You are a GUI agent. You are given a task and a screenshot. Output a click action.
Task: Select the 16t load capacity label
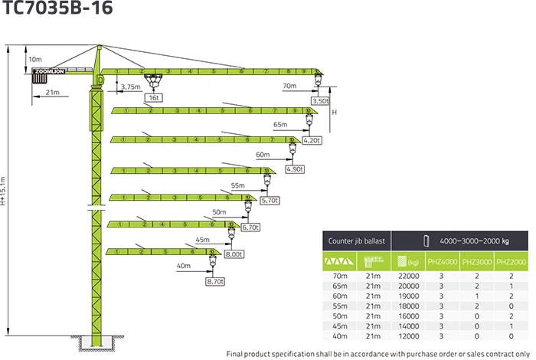(154, 98)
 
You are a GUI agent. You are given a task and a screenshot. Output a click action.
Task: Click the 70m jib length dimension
(289, 87)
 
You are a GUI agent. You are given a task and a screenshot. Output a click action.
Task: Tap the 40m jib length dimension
(183, 266)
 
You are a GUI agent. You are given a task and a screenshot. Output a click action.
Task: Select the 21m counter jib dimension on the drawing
(52, 93)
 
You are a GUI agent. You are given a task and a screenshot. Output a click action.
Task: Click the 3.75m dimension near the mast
(131, 87)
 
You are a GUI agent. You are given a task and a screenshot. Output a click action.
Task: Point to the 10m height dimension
(35, 59)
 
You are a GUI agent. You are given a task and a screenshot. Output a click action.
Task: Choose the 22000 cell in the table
(408, 276)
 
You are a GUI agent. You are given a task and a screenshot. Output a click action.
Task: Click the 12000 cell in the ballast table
(408, 335)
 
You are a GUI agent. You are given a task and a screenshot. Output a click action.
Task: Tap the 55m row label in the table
(340, 306)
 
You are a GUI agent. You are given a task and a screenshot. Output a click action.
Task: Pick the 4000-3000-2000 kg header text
(474, 241)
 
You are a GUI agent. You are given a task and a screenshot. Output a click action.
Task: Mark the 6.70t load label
(250, 227)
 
